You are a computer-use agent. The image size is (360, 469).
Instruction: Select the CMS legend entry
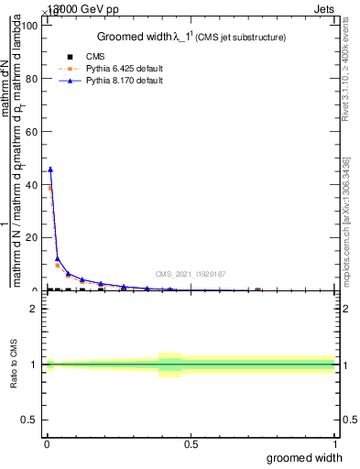pyautogui.click(x=95, y=57)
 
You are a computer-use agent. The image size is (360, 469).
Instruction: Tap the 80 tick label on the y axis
pyautogui.click(x=33, y=79)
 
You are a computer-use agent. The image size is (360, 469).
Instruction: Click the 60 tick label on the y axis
pyautogui.click(x=33, y=132)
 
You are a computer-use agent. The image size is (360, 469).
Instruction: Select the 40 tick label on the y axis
pyautogui.click(x=33, y=185)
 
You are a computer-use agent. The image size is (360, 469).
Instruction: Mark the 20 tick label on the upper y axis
pyautogui.click(x=33, y=237)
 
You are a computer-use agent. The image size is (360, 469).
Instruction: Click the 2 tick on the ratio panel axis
pyautogui.click(x=33, y=308)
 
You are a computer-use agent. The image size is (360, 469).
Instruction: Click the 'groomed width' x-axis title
pyautogui.click(x=304, y=457)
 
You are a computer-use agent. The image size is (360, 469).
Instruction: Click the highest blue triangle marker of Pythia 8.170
pyautogui.click(x=50, y=169)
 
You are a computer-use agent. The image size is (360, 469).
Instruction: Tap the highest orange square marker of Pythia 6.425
pyautogui.click(x=50, y=188)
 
